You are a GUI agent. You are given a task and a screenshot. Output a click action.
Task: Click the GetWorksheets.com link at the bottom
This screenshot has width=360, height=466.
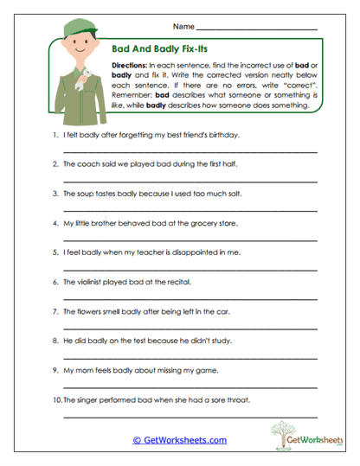180,440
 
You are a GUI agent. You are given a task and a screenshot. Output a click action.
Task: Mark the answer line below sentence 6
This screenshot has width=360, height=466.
190,299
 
